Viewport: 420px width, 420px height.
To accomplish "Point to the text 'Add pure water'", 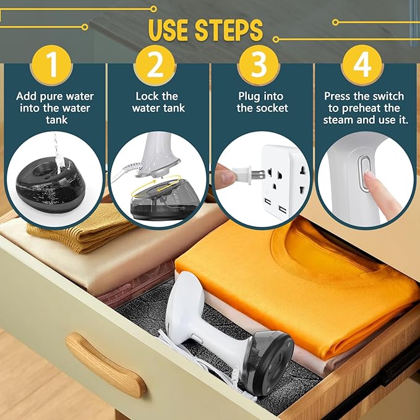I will click(x=54, y=96).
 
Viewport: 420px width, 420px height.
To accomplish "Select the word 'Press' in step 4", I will click(x=339, y=96).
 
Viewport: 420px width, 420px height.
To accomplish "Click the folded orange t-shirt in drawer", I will click(x=297, y=266).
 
